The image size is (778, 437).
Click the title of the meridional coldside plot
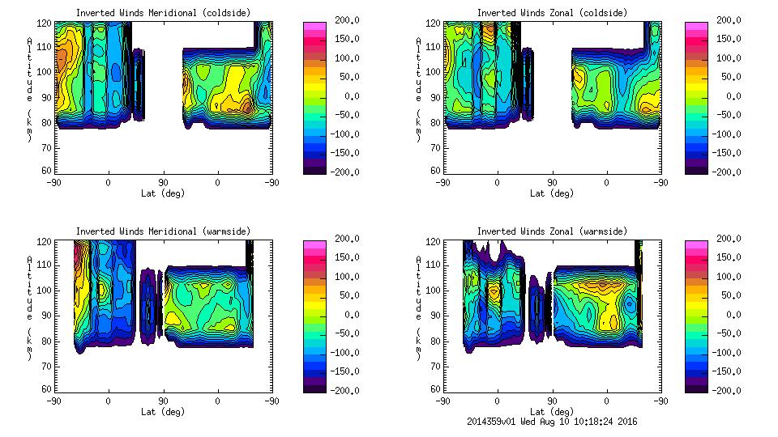163,13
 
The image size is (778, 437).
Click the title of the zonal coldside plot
552,13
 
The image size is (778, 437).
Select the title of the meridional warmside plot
163,231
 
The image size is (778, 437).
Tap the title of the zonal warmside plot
552,231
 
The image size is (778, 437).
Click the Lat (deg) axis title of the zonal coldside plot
552,193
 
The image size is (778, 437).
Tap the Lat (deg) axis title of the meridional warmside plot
163,412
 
